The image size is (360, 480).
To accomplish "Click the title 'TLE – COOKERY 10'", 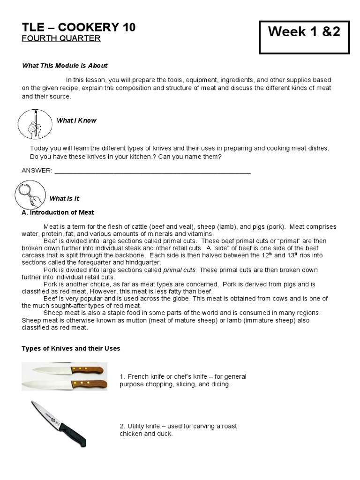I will [79, 27].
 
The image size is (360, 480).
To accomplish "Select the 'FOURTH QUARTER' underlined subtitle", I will [61, 38].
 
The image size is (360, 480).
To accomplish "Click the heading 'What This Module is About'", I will [65, 66].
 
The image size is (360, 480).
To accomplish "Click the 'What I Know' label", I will [76, 120].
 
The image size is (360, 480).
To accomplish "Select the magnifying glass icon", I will [30, 195].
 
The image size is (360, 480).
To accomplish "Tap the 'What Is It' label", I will [64, 199].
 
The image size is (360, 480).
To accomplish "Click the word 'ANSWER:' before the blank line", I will [37, 171].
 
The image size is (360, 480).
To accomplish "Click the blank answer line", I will [152, 172].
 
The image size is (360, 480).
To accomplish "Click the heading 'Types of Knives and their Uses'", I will [71, 348].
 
